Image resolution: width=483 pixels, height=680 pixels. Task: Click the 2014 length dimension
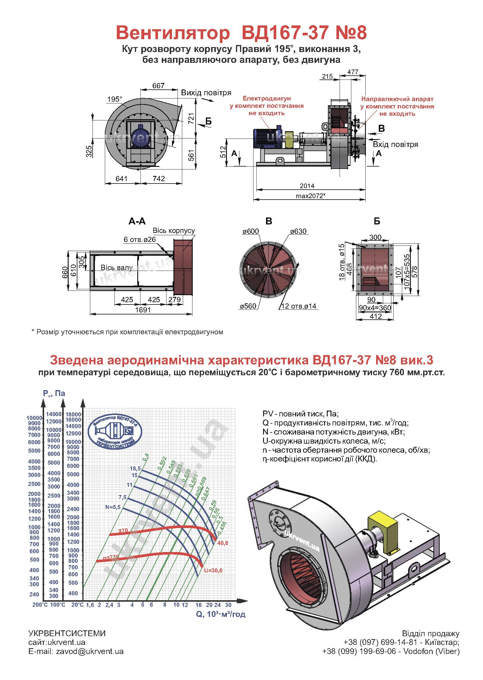307,186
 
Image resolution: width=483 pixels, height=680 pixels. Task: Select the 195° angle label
114,99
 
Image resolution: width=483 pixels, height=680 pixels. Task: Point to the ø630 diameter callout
298,231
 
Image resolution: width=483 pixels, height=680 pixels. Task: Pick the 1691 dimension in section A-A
143,310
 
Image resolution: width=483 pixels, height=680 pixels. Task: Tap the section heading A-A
137,221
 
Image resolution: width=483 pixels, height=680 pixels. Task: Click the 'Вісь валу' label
117,268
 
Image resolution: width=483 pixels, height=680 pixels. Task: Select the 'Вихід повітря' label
206,93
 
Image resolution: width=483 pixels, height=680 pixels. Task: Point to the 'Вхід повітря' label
396,144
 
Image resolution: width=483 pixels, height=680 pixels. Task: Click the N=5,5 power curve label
113,507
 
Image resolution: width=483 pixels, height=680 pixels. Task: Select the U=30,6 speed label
213,570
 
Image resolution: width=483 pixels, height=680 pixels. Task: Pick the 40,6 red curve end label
223,543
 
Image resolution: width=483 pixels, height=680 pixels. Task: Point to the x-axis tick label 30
228,605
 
